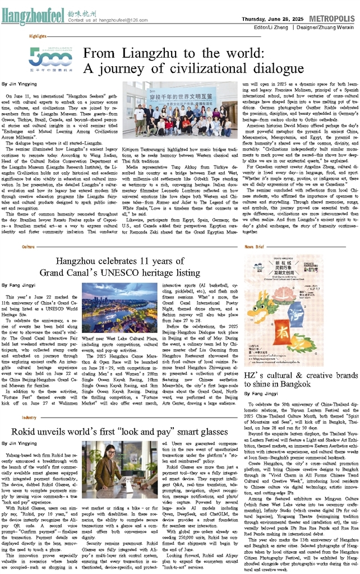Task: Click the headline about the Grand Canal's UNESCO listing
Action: coord(128,266)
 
